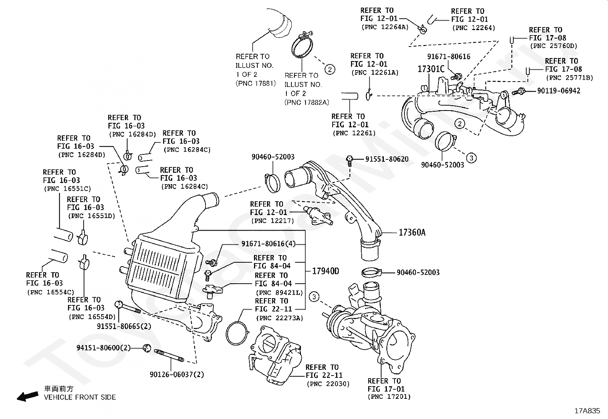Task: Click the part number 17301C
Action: pyautogui.click(x=431, y=69)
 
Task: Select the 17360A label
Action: pyautogui.click(x=412, y=232)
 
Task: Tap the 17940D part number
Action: pyautogui.click(x=325, y=271)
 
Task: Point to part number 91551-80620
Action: pyautogui.click(x=386, y=159)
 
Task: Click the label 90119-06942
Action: pyautogui.click(x=558, y=91)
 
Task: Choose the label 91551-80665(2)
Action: pyautogui.click(x=124, y=326)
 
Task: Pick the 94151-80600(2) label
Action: pyautogui.click(x=103, y=348)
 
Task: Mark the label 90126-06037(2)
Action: pyautogui.click(x=177, y=374)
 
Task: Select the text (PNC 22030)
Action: pyautogui.click(x=328, y=384)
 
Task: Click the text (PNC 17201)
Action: pyautogui.click(x=389, y=397)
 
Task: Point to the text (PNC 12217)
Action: pyautogui.click(x=272, y=221)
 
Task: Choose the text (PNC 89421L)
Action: pyautogui.click(x=279, y=292)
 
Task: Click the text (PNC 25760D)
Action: pyautogui.click(x=553, y=46)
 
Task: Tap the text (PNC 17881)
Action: pyautogui.click(x=255, y=83)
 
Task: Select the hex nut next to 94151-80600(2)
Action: pyautogui.click(x=147, y=347)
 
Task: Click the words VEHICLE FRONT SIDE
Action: pyautogui.click(x=80, y=397)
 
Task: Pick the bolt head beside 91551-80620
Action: pyautogui.click(x=349, y=159)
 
